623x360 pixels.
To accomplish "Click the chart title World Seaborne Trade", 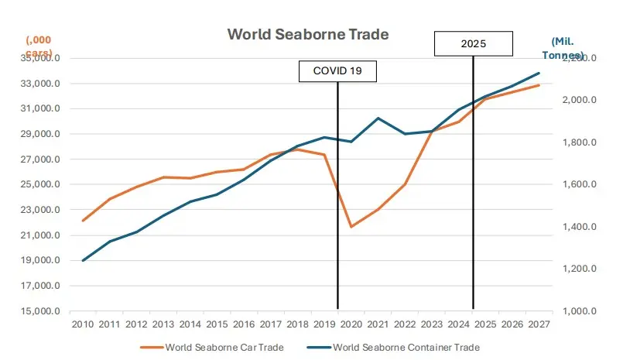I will coord(307,35).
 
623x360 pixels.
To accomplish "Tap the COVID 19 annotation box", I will coord(337,70).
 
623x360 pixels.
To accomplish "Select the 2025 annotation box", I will coord(473,43).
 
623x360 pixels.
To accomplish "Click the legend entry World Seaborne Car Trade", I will coord(224,347).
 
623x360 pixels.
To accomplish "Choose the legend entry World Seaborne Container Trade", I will coord(406,347).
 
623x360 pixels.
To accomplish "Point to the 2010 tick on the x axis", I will coord(83,323).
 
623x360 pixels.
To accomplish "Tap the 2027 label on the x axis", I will coord(539,323).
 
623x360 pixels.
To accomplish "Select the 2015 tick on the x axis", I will coord(217,323).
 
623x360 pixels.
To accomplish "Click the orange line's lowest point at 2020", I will coord(351,227).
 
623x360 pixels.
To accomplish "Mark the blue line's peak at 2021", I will coord(378,118).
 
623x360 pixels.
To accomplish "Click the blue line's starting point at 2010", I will coord(83,260).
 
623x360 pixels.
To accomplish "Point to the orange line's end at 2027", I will coord(539,85).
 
